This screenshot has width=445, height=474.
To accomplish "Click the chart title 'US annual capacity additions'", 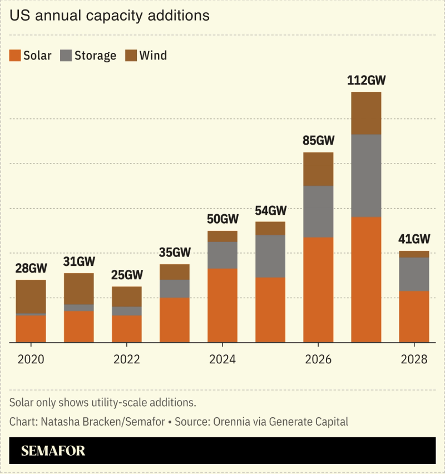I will click(110, 16).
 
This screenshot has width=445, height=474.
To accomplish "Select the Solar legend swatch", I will click(15, 55).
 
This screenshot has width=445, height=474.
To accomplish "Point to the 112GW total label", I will click(366, 80).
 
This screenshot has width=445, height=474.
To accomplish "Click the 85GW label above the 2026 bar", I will click(318, 141).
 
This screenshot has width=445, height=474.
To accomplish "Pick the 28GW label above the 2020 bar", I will click(31, 268).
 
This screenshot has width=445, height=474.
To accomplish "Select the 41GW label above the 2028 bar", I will click(414, 239).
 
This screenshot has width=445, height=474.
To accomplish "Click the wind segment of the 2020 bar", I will click(31, 297).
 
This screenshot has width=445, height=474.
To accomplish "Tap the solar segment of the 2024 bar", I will click(222, 305).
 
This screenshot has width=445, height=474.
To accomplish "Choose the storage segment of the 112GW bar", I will click(366, 176).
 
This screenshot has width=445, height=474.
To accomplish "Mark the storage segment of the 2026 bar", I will click(318, 212).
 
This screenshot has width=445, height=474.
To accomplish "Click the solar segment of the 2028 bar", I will click(414, 317).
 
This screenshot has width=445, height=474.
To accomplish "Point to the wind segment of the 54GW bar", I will click(270, 228).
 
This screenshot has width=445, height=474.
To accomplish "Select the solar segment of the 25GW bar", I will click(127, 329).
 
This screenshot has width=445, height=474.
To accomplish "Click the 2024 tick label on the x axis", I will click(222, 359).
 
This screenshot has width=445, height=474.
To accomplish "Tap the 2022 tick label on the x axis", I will click(127, 359).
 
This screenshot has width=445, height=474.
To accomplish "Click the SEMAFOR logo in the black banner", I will click(53, 451).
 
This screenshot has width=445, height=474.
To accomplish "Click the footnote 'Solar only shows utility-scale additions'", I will click(103, 402).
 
